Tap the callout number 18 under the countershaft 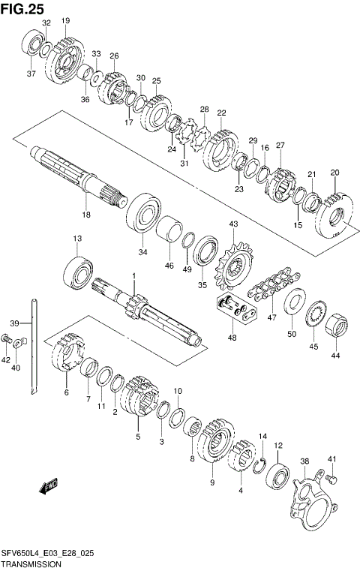85,215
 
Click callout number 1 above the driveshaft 133,276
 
